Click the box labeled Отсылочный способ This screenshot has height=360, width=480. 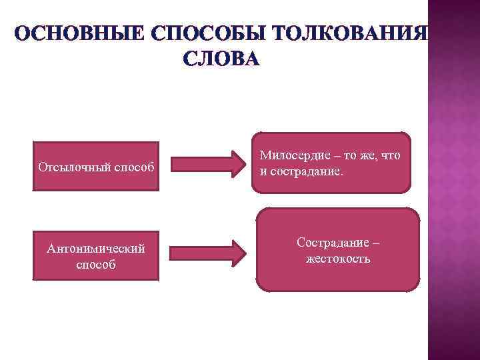[x=96, y=165]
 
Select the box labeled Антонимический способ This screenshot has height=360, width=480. [x=96, y=255]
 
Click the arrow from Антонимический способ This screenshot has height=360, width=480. [x=206, y=253]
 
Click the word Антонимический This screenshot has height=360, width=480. [x=96, y=248]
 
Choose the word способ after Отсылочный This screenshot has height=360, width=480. [x=133, y=166]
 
